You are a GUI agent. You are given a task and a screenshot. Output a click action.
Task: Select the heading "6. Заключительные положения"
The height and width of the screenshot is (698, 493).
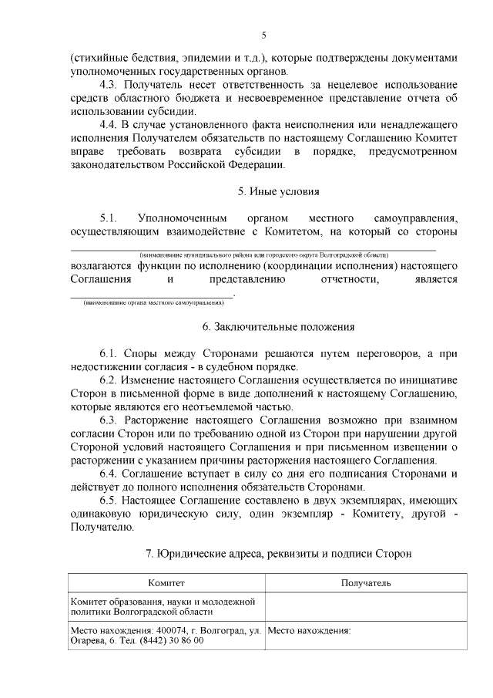pyautogui.click(x=278, y=326)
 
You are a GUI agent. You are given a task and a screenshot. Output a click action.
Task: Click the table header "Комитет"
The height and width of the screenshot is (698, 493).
pyautogui.click(x=166, y=584)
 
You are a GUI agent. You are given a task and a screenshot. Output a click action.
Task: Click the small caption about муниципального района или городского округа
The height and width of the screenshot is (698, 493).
pyautogui.click(x=264, y=255)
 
